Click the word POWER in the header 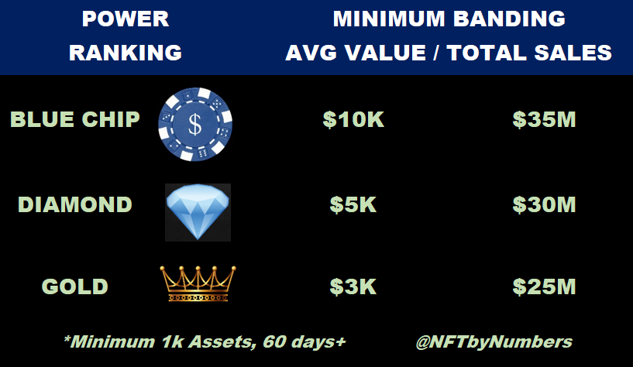(x=126, y=19)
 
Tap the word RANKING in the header (x=126, y=53)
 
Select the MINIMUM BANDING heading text (x=449, y=19)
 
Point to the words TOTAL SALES (x=529, y=53)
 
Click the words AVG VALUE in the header (x=356, y=53)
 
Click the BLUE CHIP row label (x=75, y=119)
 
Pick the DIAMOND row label (x=75, y=204)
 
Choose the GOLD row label (x=75, y=286)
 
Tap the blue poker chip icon (x=195, y=124)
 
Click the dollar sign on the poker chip (x=195, y=124)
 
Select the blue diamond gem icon (x=198, y=211)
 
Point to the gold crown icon (x=198, y=283)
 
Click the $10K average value (x=353, y=119)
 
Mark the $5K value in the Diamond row (x=353, y=204)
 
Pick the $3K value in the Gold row (x=353, y=286)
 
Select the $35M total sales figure (x=544, y=119)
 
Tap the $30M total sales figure (x=544, y=204)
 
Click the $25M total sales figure (x=544, y=286)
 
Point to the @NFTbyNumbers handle (x=494, y=342)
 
